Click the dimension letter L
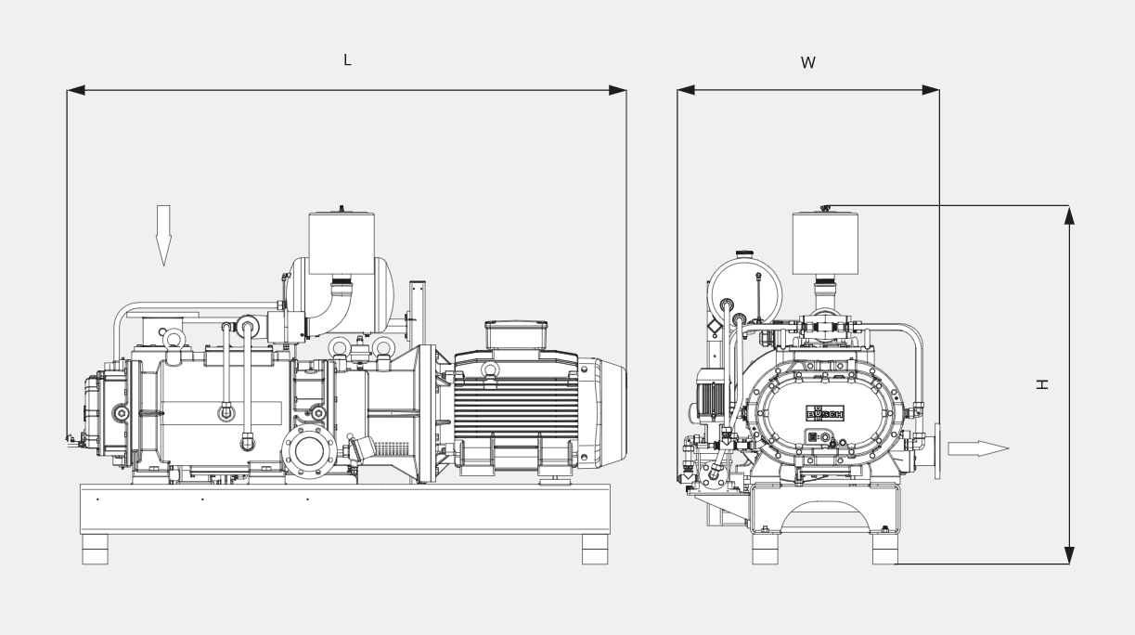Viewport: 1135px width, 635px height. point(347,59)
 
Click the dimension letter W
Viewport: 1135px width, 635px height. point(808,63)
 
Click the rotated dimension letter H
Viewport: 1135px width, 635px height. point(1042,384)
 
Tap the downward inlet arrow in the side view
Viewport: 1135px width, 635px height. point(163,235)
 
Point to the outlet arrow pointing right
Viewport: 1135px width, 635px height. point(978,448)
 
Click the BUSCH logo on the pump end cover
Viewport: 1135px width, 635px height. point(825,413)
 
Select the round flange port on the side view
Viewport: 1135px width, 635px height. point(309,452)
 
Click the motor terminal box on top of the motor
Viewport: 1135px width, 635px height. point(516,334)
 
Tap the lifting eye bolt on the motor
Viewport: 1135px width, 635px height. point(490,369)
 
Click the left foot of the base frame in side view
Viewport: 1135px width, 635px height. point(96,550)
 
